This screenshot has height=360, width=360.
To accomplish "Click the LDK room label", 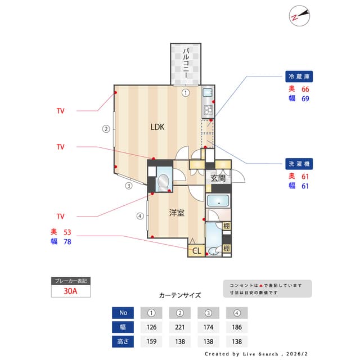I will pos(157,127).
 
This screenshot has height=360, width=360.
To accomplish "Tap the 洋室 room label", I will pos(177,213).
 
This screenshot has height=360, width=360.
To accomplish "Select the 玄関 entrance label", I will pos(218,178).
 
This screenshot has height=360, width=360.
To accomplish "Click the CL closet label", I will pos(196,251).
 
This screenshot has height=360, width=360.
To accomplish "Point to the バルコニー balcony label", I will pos(185,64).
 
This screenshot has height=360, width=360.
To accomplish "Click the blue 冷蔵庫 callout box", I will pos(299,76).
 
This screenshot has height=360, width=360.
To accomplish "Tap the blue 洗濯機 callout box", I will pos(299,164).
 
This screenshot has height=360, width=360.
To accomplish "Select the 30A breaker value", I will pos(71,291).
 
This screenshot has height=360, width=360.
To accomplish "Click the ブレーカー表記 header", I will pos(71,281).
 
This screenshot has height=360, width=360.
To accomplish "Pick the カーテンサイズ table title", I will pos(179,295).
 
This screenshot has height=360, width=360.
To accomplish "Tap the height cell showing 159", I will pos(151,341).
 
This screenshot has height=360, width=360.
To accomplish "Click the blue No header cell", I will pos(123,313).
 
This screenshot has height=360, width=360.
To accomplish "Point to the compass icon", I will pos(299,15).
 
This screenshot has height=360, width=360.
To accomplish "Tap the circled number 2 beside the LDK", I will pos(105,128).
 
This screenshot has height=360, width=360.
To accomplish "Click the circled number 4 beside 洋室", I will pos(139,215).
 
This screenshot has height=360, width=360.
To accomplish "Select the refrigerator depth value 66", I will pos(305,89).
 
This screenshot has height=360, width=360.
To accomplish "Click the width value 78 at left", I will pos(67,242).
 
